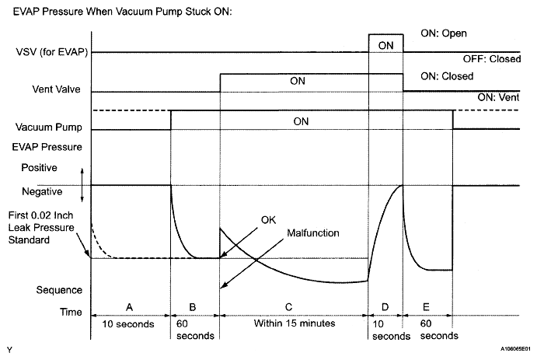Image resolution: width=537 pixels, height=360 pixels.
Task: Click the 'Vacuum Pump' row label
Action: click(46, 128)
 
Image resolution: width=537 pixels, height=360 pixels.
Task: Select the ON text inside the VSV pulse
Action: click(385, 46)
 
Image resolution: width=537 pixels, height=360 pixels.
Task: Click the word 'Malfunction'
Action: click(313, 232)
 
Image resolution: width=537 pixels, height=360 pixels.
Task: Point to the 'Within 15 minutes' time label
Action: click(293, 323)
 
